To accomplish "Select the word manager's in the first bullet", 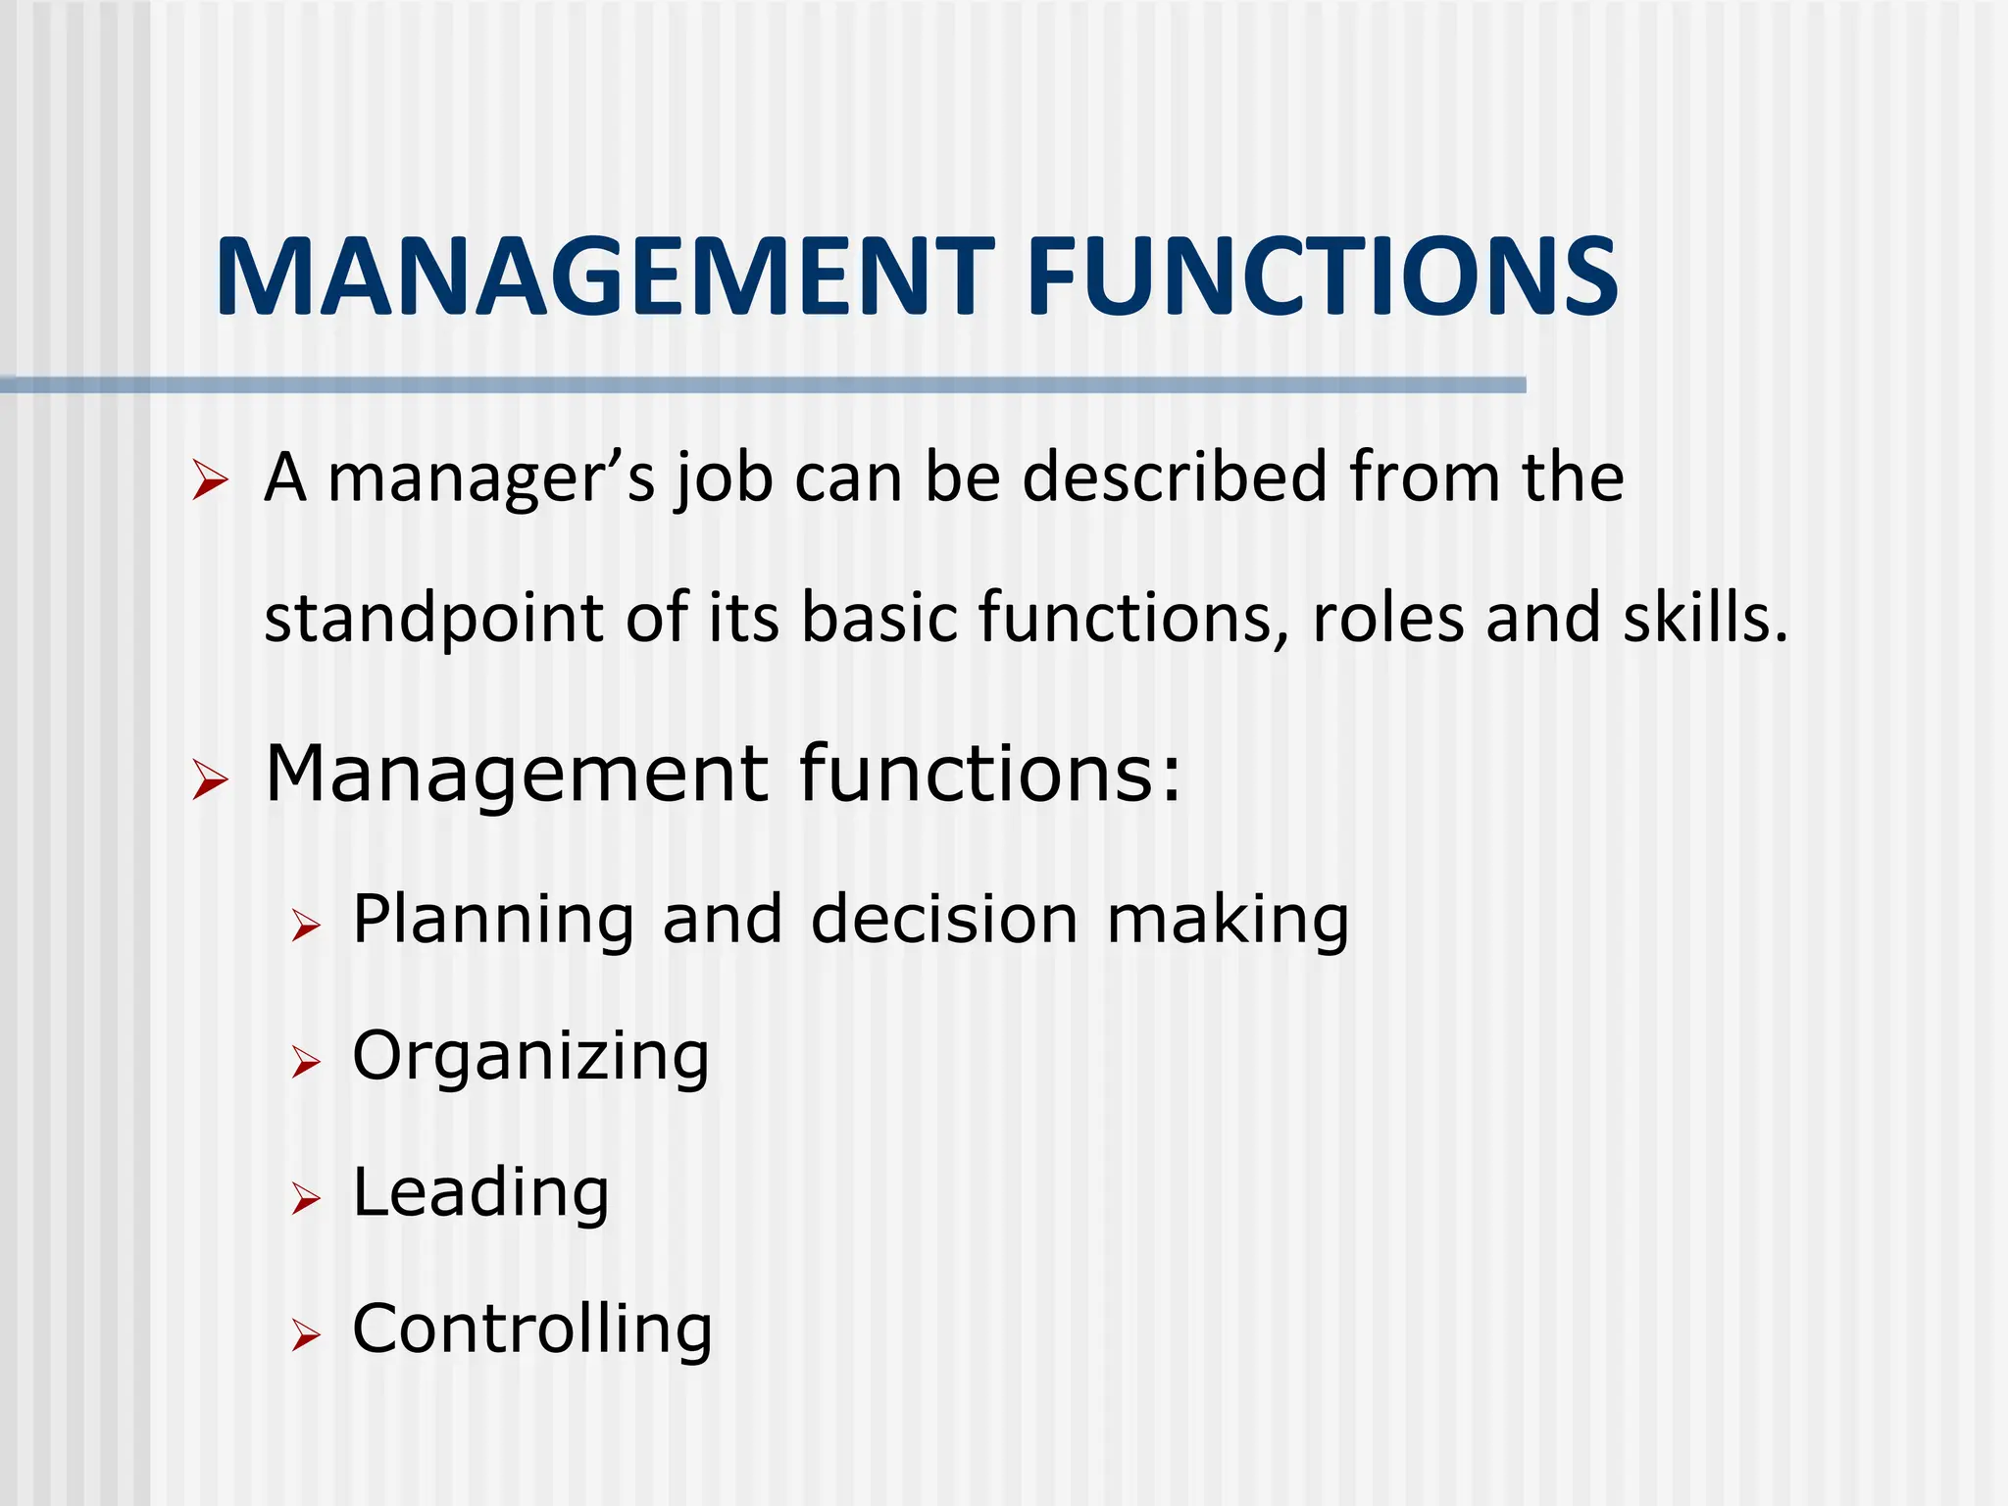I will pos(490,477).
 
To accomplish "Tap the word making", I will pos(1228,922).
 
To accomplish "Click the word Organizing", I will pos(530,1059).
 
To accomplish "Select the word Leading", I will pos(480,1194).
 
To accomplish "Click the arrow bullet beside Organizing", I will pos(306,1063).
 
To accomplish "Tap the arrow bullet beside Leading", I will pos(306,1199).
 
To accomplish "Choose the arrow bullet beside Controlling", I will pos(306,1335).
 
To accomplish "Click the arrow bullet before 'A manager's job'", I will pos(210,481).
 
